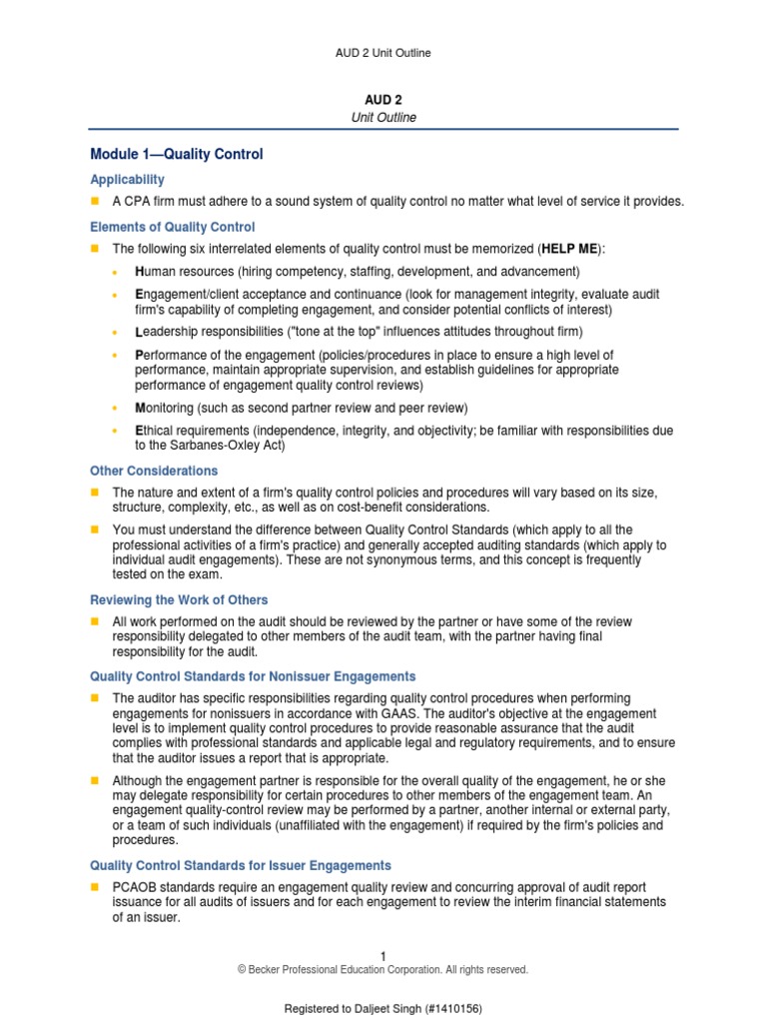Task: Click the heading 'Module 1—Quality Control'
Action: pos(177,155)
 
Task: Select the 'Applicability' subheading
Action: pos(127,180)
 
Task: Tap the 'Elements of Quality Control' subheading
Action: pos(172,227)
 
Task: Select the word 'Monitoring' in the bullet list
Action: pos(165,408)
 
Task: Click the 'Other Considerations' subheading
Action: pos(154,471)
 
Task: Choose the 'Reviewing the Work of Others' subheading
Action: pos(179,599)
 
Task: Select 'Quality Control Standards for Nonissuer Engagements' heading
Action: pos(253,676)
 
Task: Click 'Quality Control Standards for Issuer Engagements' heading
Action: pos(241,865)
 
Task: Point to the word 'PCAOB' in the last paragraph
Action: pos(134,887)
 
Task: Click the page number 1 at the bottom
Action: pos(383,956)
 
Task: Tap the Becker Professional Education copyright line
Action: pos(383,970)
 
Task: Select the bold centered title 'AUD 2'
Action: pos(383,101)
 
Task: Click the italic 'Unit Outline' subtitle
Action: pos(383,118)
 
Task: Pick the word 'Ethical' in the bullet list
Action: pos(156,431)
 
